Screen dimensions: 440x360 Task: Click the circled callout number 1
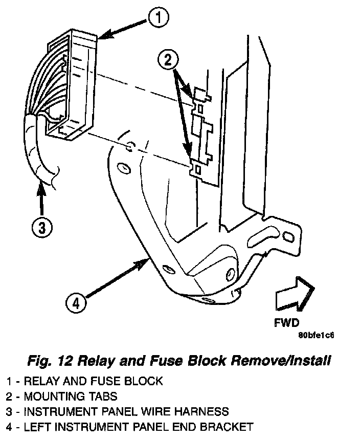point(158,19)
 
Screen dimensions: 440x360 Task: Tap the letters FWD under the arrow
point(287,323)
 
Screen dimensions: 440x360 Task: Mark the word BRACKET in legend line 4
point(224,426)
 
